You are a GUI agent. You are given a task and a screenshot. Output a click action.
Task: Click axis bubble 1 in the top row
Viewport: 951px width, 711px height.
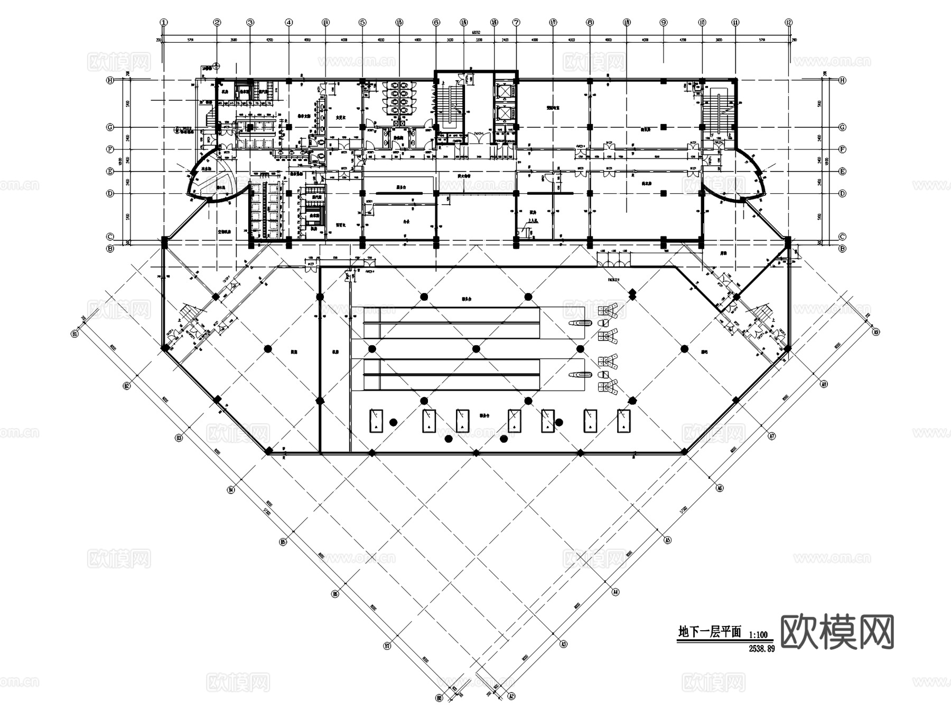pyautogui.click(x=164, y=23)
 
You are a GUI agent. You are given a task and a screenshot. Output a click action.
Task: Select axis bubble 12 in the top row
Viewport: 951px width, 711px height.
pyautogui.click(x=789, y=23)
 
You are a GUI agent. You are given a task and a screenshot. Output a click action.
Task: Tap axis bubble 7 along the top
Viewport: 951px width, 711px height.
pyautogui.click(x=516, y=23)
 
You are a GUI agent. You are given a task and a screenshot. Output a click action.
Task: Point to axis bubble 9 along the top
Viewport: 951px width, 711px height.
pyautogui.click(x=664, y=23)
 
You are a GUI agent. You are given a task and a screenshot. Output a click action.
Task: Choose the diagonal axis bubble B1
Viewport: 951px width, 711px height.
pyautogui.click(x=76, y=334)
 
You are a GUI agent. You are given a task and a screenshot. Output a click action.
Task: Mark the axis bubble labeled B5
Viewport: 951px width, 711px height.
pyautogui.click(x=283, y=542)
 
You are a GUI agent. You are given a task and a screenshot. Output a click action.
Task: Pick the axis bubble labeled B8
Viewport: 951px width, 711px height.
pyautogui.click(x=439, y=698)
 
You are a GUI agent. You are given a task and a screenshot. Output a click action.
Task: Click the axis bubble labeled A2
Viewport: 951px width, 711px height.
pyautogui.click(x=511, y=697)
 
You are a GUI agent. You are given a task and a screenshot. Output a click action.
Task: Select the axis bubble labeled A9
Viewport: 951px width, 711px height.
pyautogui.click(x=875, y=332)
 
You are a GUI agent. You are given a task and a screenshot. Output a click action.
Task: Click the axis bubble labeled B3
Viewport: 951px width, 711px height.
pyautogui.click(x=179, y=438)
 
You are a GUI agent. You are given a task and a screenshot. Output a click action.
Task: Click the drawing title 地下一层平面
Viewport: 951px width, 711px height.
pyautogui.click(x=710, y=632)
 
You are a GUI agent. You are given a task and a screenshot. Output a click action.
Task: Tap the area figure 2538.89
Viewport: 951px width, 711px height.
pyautogui.click(x=761, y=649)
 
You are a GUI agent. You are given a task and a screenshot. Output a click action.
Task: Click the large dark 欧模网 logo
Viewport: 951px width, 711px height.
pyautogui.click(x=837, y=632)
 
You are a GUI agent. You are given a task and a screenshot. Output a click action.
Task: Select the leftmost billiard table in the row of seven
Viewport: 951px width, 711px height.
pyautogui.click(x=376, y=420)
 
